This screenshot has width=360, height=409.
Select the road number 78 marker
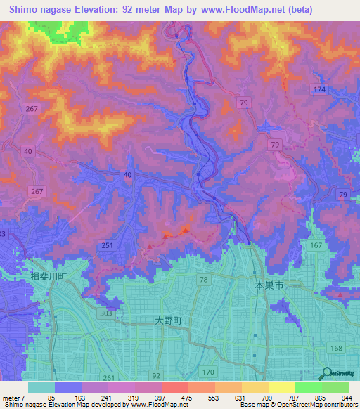click(x=203, y=280)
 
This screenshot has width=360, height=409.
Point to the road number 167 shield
click(x=315, y=245)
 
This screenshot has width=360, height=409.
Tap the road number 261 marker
click(x=108, y=377)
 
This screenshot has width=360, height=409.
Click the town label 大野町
click(x=168, y=320)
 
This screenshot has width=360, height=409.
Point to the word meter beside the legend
click(x=13, y=397)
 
